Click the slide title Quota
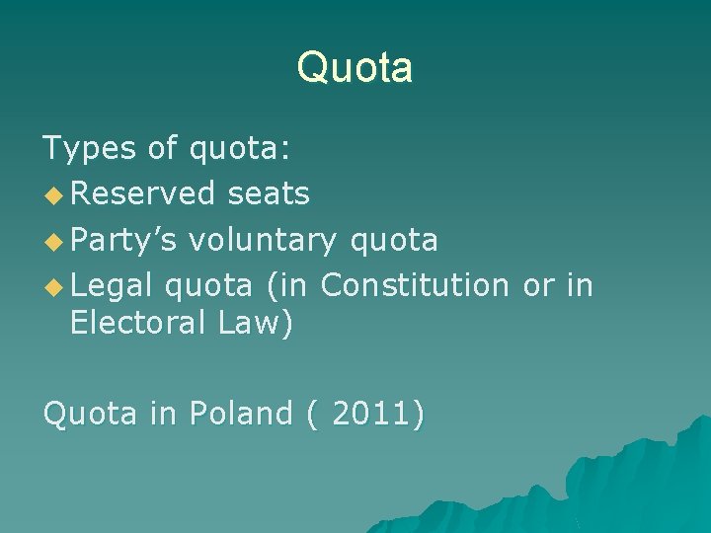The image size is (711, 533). click(x=355, y=68)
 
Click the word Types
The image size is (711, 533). click(x=88, y=149)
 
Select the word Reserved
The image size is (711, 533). click(x=142, y=194)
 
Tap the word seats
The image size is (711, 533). click(x=269, y=194)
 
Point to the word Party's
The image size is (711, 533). click(x=124, y=240)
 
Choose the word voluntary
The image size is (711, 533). click(x=263, y=240)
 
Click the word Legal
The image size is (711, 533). click(x=112, y=285)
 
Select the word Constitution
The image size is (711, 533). click(x=414, y=285)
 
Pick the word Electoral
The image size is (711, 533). click(x=139, y=323)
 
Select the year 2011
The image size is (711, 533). click(x=368, y=414)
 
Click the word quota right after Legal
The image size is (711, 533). click(x=209, y=285)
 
